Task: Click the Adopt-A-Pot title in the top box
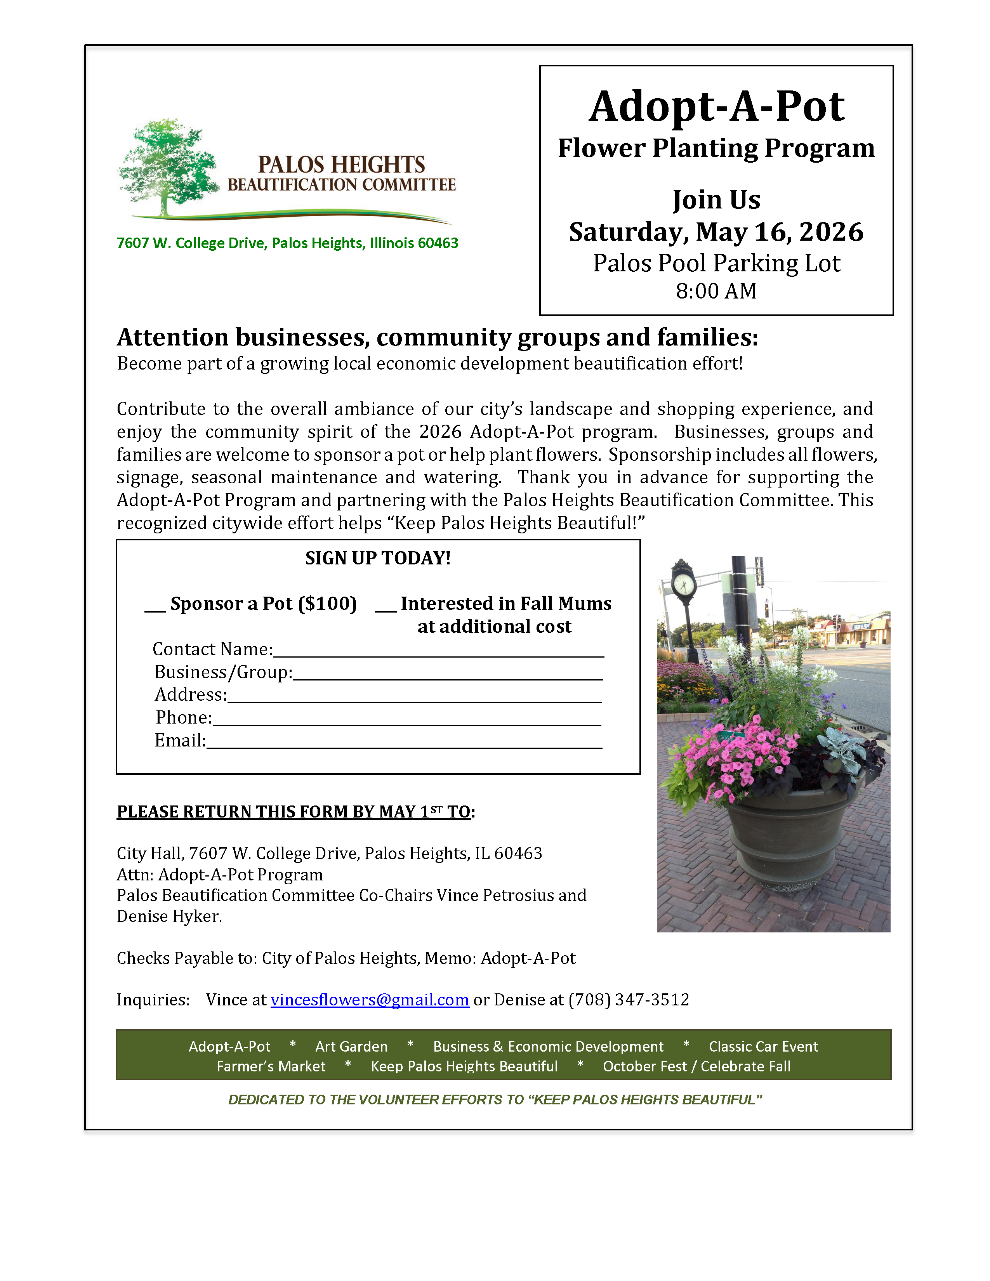(x=716, y=107)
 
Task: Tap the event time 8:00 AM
(x=716, y=291)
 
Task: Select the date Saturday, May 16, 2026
(x=716, y=232)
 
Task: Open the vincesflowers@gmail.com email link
(x=370, y=1000)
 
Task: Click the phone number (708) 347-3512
(x=629, y=1000)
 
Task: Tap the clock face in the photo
(x=684, y=583)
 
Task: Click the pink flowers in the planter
(x=736, y=762)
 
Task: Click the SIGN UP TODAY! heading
(x=378, y=558)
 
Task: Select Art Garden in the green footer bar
(x=351, y=1047)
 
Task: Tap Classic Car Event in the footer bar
(x=763, y=1047)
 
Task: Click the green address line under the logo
(x=287, y=243)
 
